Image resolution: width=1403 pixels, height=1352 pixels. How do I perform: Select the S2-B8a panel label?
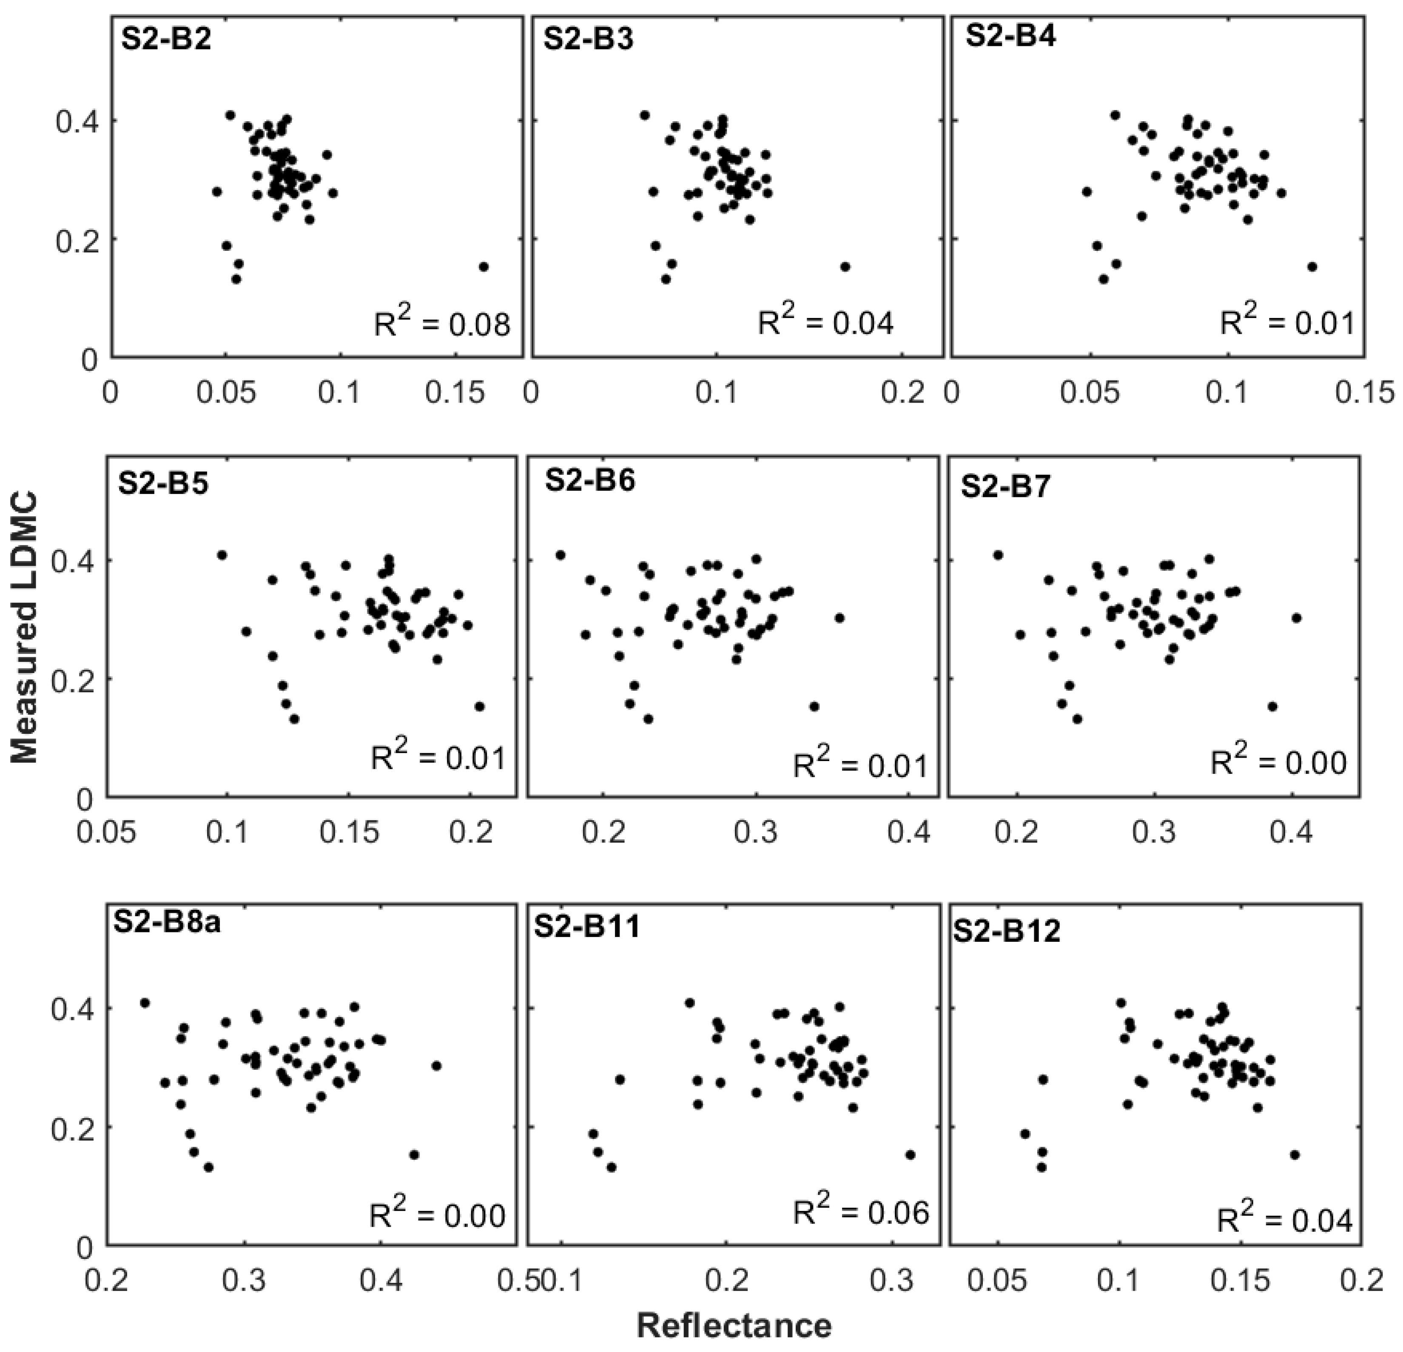167,923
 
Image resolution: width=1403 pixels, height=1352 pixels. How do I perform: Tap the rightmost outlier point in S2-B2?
483,266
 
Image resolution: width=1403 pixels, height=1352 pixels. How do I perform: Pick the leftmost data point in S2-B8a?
145,1003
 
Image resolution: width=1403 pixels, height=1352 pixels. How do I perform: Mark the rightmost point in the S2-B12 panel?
1294,1154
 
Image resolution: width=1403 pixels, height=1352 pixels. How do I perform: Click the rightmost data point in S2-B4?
1312,266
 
